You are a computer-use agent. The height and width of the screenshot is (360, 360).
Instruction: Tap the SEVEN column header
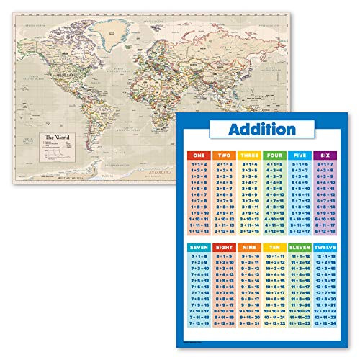(x=199, y=247)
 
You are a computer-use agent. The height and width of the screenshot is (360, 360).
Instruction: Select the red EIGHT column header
(x=225, y=247)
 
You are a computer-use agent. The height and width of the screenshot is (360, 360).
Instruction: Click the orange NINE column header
(x=250, y=247)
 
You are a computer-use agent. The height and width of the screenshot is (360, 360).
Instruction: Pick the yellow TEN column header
(x=275, y=247)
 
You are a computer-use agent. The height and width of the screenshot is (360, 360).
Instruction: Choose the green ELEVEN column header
(x=300, y=247)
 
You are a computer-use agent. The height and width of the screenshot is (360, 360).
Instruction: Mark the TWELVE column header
(x=325, y=247)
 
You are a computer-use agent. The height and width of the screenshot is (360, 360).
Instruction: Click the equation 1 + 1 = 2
(x=199, y=165)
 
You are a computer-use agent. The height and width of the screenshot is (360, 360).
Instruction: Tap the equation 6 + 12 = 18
(x=325, y=232)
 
